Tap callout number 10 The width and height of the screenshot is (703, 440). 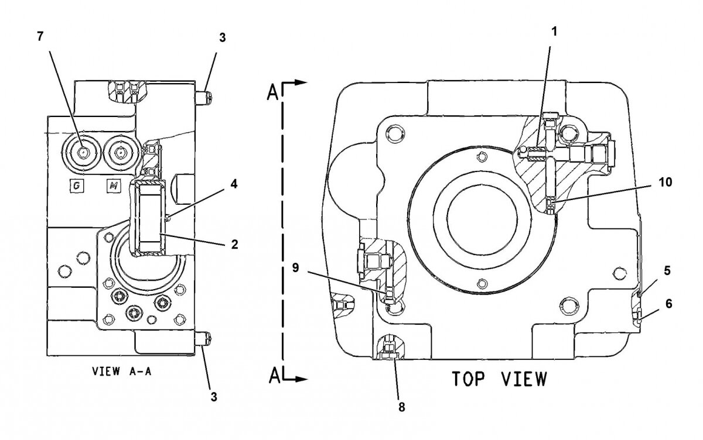[x=664, y=182]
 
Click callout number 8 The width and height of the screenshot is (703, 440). [x=401, y=405]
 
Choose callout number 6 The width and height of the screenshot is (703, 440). [x=668, y=304]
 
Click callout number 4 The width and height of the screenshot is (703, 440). [x=234, y=184]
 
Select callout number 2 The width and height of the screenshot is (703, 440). [x=234, y=245]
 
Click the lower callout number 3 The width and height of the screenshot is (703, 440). [x=214, y=397]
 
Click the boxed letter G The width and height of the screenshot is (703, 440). [x=77, y=186]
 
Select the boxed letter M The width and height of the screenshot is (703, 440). [x=114, y=186]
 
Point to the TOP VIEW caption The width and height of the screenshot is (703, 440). [x=499, y=379]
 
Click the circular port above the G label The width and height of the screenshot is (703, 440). [x=83, y=152]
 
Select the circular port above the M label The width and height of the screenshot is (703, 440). [x=120, y=153]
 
